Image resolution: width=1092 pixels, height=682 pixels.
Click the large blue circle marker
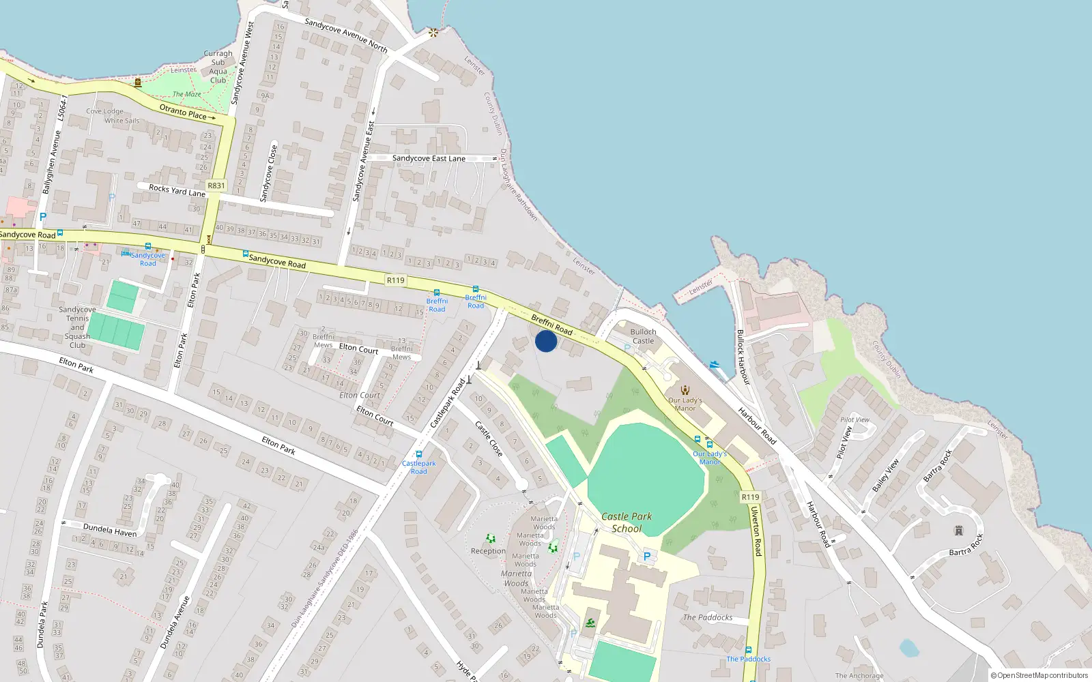[x=546, y=341]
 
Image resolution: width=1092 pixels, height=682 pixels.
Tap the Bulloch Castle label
[x=643, y=336]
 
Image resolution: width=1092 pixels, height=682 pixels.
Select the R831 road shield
[x=216, y=186]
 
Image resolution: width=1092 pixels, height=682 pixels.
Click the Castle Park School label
[x=627, y=522]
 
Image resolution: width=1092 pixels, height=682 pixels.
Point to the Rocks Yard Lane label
[x=177, y=190]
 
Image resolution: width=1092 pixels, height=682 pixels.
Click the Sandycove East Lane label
[x=429, y=158]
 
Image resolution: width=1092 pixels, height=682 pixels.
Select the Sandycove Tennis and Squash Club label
[x=77, y=327]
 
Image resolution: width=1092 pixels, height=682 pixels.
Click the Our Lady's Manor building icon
[x=685, y=390]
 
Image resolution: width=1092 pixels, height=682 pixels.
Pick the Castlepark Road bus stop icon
[x=419, y=454]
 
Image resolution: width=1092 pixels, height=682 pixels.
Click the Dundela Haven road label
[x=109, y=530]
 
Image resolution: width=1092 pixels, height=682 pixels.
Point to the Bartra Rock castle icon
[x=958, y=531]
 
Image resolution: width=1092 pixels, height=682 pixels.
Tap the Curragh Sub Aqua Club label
[x=218, y=67]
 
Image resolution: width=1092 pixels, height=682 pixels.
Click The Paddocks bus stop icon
[x=749, y=650]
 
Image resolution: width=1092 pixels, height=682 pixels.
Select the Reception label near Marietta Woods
[x=488, y=551]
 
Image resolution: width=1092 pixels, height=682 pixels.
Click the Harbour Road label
[x=756, y=426]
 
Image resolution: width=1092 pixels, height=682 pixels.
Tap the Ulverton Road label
[x=756, y=531]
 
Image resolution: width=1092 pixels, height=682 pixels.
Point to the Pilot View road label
[x=845, y=441]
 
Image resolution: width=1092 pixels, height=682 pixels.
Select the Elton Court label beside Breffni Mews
[x=358, y=349]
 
